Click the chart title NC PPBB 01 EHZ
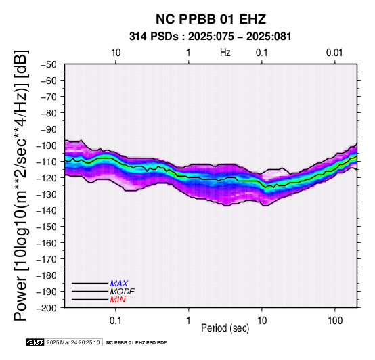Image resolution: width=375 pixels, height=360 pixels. coord(211,19)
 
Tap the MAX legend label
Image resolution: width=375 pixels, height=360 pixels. coord(119,284)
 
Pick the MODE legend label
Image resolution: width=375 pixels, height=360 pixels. coord(123,292)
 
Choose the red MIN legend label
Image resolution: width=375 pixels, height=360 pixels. coord(118,300)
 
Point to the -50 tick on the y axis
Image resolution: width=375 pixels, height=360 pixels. coord(48,64)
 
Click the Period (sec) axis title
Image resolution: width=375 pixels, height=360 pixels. coord(225,328)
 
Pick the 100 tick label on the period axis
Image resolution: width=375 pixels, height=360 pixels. coord(335,320)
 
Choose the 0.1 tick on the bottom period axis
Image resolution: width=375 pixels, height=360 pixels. coord(116,320)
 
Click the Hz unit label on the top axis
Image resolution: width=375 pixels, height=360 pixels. coord(225,53)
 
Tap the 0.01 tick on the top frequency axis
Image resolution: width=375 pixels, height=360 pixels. coord(334,53)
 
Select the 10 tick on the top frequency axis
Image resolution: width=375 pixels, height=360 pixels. coord(116,53)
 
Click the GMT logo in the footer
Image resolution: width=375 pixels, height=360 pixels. coord(35,342)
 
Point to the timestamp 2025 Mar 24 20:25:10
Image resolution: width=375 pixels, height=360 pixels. coord(73,342)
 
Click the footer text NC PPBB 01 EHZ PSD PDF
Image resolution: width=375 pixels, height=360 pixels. coord(136,343)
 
